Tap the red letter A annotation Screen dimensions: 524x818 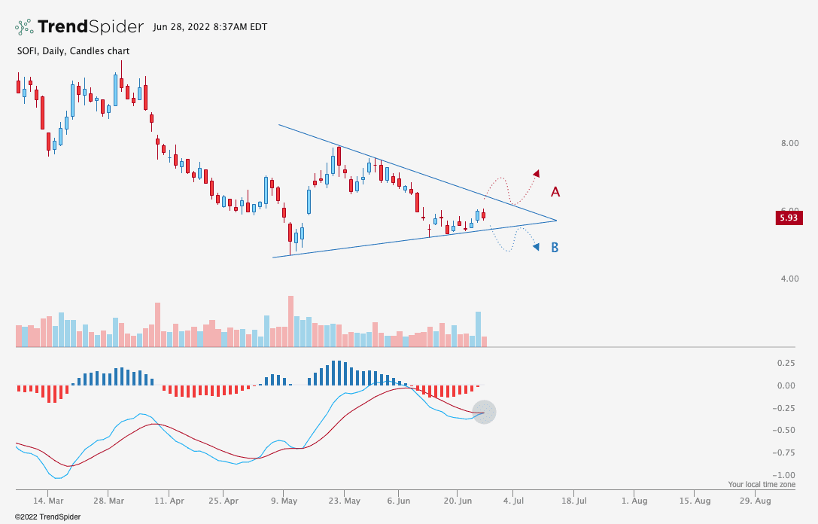[x=555, y=192]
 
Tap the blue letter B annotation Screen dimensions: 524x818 [x=555, y=247]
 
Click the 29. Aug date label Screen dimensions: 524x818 [x=754, y=500]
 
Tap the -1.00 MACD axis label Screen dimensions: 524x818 [x=784, y=475]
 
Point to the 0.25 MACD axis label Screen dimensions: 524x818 [x=786, y=363]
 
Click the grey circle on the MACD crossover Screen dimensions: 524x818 [x=484, y=412]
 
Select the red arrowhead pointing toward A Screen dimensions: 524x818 [x=537, y=173]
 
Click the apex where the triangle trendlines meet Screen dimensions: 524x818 [x=556, y=221]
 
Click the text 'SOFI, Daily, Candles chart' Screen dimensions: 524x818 [x=72, y=51]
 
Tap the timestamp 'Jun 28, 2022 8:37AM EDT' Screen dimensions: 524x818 [x=209, y=27]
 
